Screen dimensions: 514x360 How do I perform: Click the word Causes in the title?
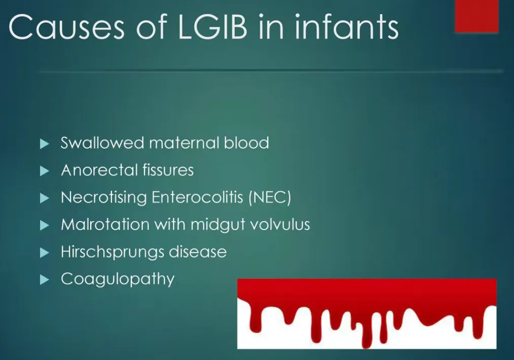click(x=66, y=27)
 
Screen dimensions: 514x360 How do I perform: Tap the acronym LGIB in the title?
click(x=212, y=26)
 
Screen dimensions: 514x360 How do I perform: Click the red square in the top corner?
click(x=476, y=16)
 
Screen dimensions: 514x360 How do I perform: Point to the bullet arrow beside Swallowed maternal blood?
click(x=44, y=143)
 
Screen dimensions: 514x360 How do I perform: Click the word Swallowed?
click(x=102, y=143)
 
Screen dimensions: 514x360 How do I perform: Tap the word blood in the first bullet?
click(x=246, y=143)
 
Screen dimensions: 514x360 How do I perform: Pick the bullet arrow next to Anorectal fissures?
click(x=44, y=171)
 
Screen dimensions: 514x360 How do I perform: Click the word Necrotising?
click(x=103, y=197)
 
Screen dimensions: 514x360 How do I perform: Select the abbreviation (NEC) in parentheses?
click(x=270, y=197)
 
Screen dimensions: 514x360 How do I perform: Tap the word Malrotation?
click(x=105, y=225)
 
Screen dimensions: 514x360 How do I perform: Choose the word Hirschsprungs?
click(x=113, y=252)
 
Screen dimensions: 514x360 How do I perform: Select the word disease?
click(x=198, y=252)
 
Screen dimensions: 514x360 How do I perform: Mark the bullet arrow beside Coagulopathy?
click(x=44, y=280)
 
